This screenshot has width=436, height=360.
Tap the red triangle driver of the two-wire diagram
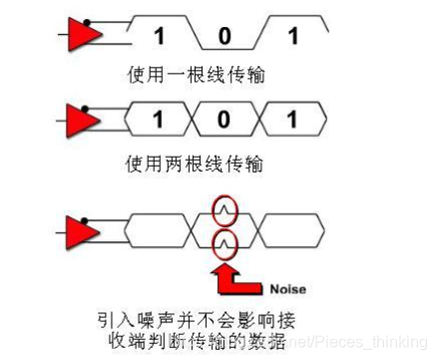(84, 124)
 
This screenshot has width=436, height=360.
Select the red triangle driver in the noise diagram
(84, 232)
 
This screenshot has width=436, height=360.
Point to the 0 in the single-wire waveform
(225, 37)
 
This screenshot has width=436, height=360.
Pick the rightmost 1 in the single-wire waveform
(292, 37)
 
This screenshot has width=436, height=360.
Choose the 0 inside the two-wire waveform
(225, 124)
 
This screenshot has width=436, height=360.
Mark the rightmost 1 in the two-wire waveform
(292, 124)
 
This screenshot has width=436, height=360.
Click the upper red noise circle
(225, 209)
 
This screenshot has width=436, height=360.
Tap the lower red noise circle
(225, 239)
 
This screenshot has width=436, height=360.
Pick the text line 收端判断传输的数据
(198, 341)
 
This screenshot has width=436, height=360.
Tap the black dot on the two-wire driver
(88, 109)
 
